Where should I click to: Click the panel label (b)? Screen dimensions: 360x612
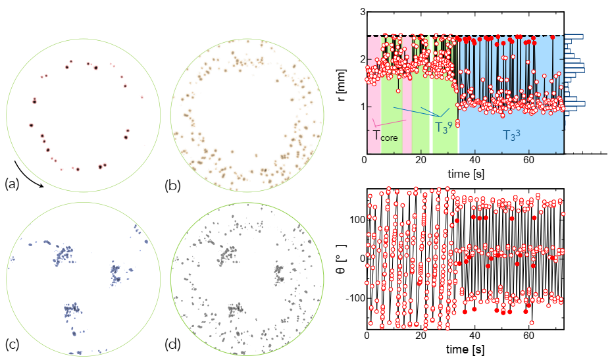point(174,186)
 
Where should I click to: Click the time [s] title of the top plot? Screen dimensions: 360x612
point(465,174)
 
